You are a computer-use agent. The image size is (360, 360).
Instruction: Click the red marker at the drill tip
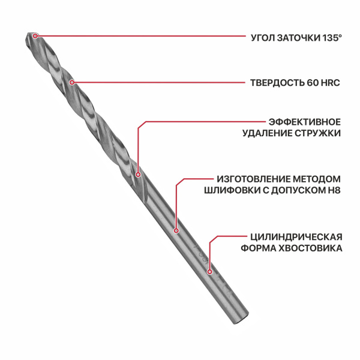click(x=35, y=36)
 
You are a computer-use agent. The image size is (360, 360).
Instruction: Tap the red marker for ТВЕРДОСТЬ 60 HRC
click(x=72, y=82)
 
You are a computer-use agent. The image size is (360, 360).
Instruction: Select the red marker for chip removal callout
click(x=138, y=175)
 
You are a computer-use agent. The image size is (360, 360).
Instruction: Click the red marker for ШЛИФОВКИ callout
click(x=176, y=230)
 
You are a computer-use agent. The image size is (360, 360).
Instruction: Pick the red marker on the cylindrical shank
click(x=209, y=272)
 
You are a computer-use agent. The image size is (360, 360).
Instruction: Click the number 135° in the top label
click(x=332, y=38)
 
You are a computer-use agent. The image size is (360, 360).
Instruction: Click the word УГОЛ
click(x=263, y=38)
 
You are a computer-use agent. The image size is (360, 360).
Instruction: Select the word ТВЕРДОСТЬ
click(x=277, y=83)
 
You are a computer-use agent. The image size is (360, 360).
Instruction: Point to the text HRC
click(x=331, y=83)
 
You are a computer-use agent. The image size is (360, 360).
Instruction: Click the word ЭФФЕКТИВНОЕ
click(x=304, y=122)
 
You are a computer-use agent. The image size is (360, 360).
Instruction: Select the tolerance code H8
click(x=334, y=190)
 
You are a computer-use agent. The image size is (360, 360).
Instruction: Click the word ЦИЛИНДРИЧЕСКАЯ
click(x=296, y=237)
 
